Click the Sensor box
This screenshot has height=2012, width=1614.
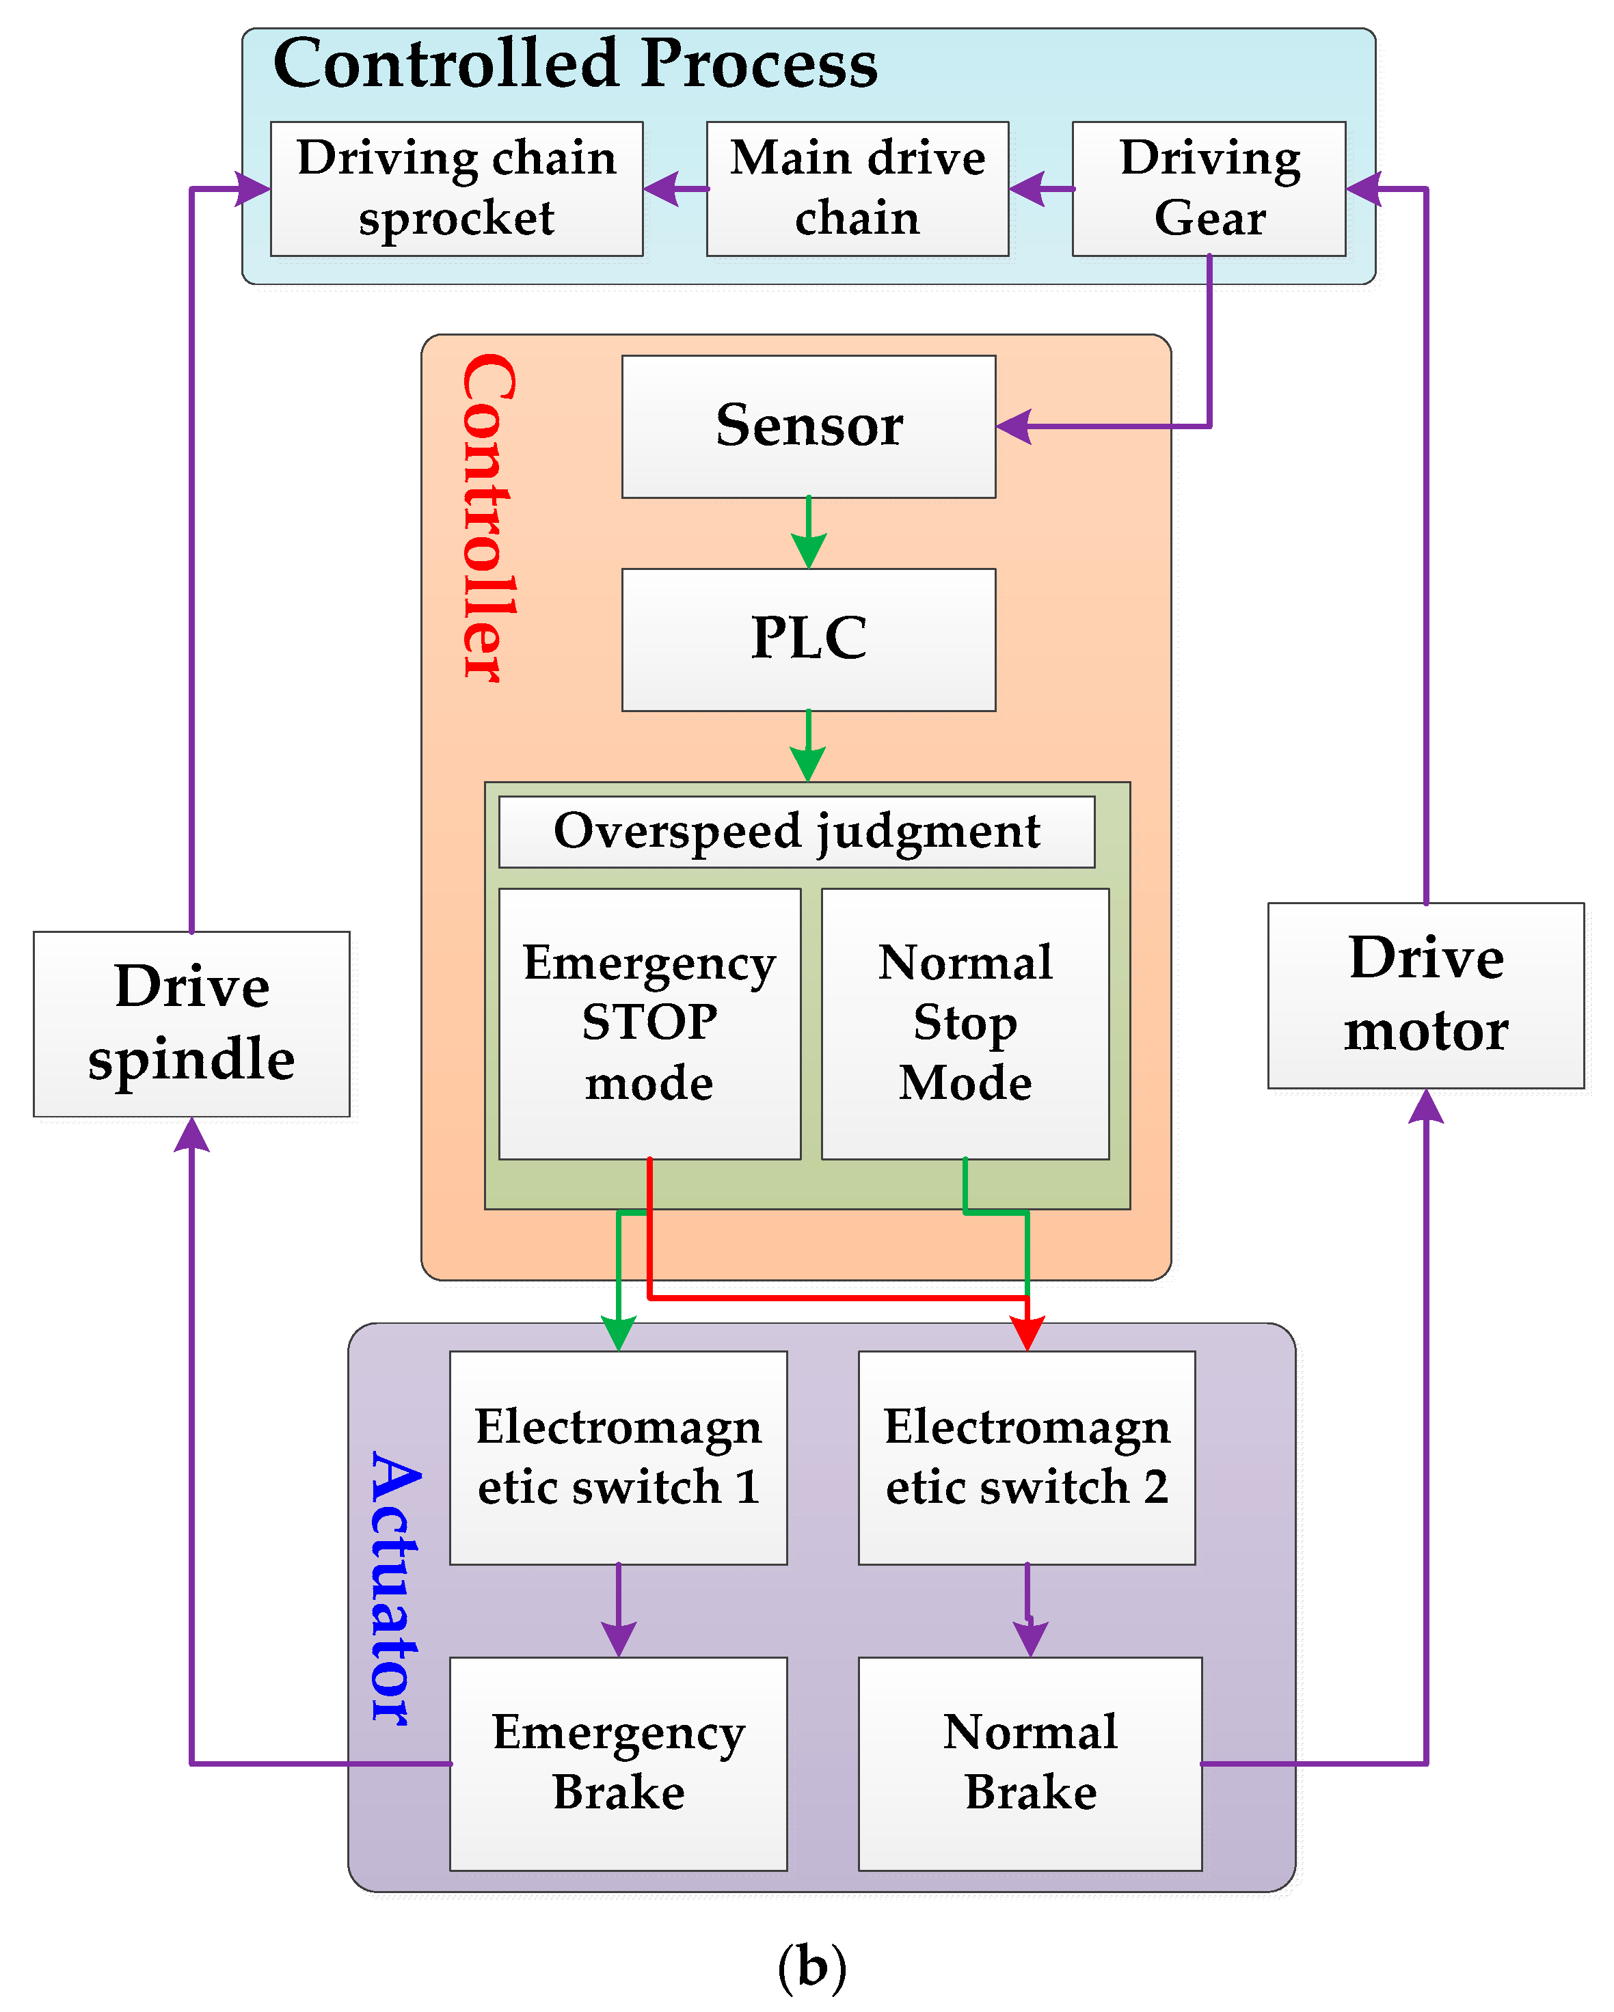click(809, 426)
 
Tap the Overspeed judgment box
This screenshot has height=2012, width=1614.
click(796, 832)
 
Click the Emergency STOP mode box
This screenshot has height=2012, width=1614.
click(649, 1023)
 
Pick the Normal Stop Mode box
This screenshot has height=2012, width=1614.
click(965, 1023)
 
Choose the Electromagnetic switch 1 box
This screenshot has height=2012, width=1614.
click(618, 1457)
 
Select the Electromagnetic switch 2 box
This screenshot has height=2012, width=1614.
click(1027, 1457)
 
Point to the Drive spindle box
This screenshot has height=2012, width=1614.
click(191, 1023)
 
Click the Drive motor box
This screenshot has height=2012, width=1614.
click(1425, 995)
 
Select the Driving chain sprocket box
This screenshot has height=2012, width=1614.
click(457, 189)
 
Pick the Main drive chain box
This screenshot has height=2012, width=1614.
click(857, 189)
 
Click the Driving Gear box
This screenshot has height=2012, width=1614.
click(1209, 189)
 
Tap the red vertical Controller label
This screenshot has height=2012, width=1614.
click(488, 518)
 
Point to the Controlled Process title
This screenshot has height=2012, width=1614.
click(575, 64)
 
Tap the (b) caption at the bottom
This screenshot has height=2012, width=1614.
click(811, 1966)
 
